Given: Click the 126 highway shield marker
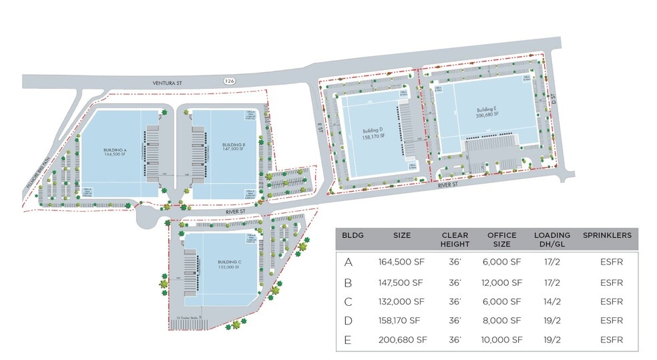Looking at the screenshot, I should [230, 80].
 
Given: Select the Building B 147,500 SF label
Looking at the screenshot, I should [234, 148].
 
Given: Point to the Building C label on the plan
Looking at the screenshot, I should [228, 264].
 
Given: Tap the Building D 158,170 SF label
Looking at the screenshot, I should [372, 134].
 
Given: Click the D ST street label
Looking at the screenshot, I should [554, 99].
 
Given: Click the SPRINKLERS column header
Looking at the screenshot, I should [607, 235].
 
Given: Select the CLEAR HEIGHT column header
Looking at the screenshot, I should [455, 239].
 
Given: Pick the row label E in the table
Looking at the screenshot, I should [348, 339].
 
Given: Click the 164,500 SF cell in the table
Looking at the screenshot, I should [401, 262].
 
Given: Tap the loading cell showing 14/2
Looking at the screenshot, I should [552, 301].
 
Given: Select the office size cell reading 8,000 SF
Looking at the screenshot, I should [501, 321].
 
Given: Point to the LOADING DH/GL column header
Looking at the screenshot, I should [552, 239].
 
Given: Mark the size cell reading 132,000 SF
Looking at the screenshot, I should [401, 301].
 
